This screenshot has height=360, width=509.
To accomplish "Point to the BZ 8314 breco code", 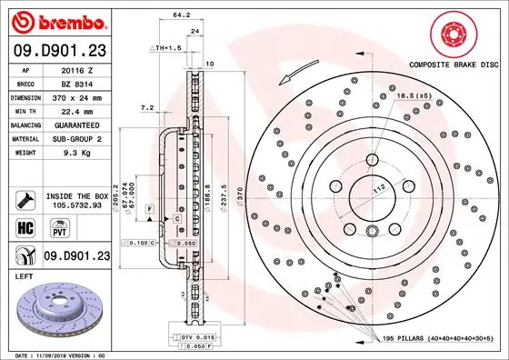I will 73,82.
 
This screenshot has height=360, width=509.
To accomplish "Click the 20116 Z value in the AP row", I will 73,68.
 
